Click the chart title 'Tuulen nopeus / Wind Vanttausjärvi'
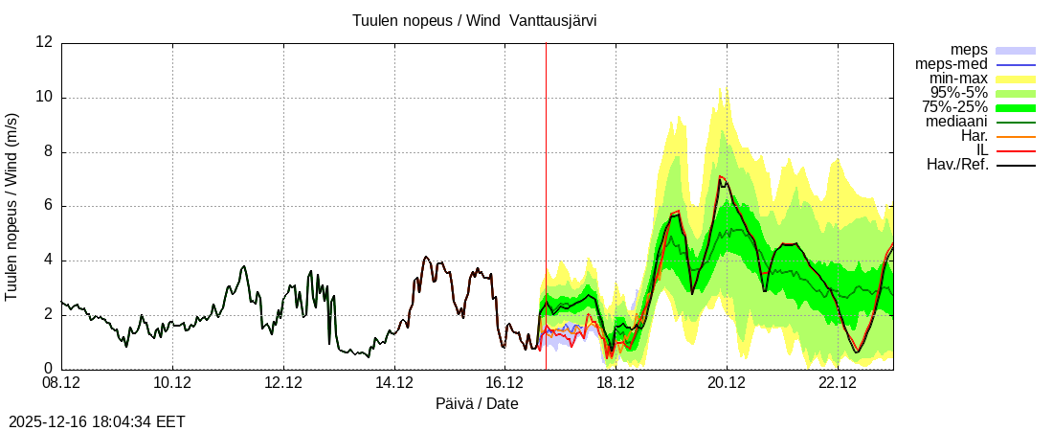475,20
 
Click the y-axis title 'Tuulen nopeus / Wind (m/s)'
12,206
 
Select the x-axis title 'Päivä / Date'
477,404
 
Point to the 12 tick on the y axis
44,43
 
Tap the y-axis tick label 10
44,98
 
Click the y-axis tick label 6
48,206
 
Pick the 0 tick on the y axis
48,369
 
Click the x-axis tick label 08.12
61,383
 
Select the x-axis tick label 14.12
394,383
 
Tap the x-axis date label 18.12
616,383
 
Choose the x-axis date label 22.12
838,383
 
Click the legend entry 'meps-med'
952,64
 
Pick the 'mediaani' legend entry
956,122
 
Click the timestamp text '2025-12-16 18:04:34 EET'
97,421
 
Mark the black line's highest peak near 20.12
721,177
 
